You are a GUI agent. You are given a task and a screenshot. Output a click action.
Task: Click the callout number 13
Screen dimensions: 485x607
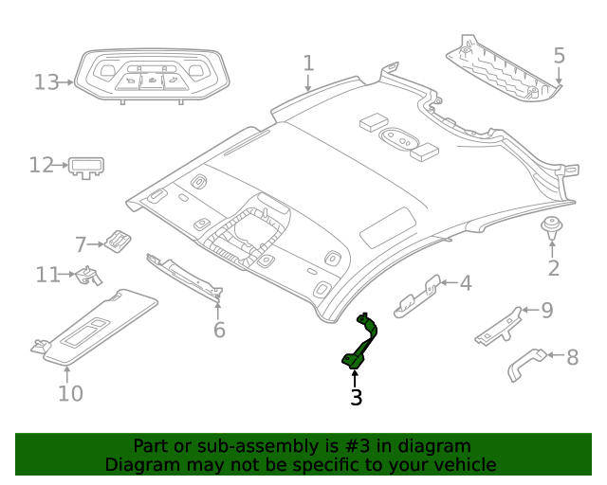click(46, 82)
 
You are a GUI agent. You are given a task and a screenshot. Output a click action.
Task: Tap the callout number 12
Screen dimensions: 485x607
click(41, 166)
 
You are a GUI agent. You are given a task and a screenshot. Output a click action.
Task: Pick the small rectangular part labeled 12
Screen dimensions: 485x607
click(86, 168)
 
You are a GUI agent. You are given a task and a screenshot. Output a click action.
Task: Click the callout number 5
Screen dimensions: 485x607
click(559, 56)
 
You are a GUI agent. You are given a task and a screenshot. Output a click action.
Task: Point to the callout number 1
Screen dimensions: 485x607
click(308, 63)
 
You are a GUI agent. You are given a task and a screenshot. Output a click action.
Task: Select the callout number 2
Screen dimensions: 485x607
click(554, 268)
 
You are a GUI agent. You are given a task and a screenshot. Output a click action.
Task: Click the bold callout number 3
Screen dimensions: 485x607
click(357, 398)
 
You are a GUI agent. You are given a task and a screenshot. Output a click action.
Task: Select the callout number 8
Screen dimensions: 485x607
click(572, 358)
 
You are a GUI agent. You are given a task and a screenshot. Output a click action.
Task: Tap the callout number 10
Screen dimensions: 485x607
click(70, 393)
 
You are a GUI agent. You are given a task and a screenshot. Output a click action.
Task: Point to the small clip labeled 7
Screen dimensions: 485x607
click(116, 241)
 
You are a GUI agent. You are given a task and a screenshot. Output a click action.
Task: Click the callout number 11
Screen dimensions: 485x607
click(48, 275)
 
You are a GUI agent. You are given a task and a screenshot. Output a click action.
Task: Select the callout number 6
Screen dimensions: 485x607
click(219, 330)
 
